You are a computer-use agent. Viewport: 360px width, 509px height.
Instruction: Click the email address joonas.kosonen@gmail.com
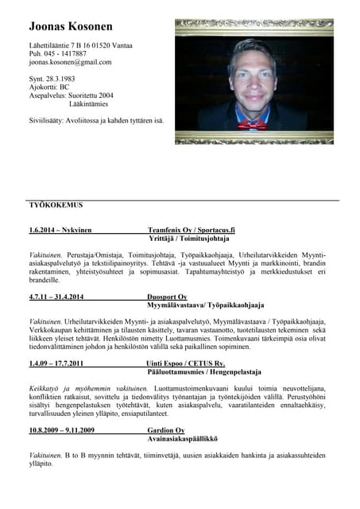click(x=70, y=61)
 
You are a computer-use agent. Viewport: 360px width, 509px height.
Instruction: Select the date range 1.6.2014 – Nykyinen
click(x=60, y=230)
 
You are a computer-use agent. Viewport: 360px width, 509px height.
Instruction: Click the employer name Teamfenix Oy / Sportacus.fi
click(x=191, y=230)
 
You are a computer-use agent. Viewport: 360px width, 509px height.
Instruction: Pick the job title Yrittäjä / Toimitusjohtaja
click(x=189, y=239)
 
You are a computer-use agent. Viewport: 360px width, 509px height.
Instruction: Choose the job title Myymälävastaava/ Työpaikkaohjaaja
click(x=205, y=305)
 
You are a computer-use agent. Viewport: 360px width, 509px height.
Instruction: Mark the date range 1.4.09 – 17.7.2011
click(x=56, y=363)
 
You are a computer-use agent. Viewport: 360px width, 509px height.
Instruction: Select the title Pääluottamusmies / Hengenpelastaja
click(x=203, y=372)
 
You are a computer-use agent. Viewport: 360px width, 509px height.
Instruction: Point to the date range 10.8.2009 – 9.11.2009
click(x=61, y=430)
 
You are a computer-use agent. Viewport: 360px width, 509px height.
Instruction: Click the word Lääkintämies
click(x=88, y=103)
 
